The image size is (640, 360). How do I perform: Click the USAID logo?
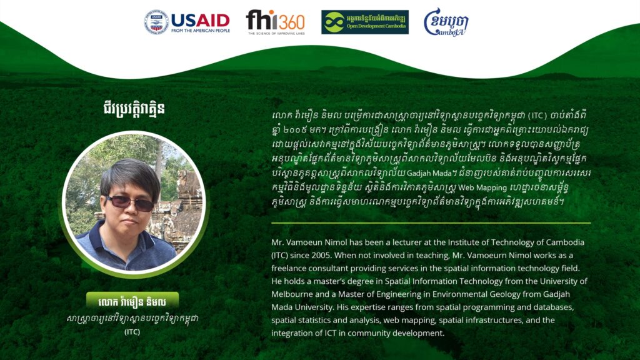point(187,22)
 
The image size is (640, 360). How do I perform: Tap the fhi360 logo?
point(276,22)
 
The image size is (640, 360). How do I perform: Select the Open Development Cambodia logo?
point(365,22)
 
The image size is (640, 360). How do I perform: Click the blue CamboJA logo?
point(446,22)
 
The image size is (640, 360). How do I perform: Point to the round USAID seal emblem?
point(156,22)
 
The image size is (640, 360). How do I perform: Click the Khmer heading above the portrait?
point(134,109)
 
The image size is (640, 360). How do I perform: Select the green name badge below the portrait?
point(132,301)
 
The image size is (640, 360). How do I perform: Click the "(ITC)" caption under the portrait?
point(132,332)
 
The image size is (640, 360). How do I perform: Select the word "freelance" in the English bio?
point(289,268)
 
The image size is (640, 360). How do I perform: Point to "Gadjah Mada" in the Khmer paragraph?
point(429,173)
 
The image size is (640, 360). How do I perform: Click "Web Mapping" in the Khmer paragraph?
point(482,188)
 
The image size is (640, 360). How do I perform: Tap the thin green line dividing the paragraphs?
point(431,223)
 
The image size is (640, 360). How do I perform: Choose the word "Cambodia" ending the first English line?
point(564,242)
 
